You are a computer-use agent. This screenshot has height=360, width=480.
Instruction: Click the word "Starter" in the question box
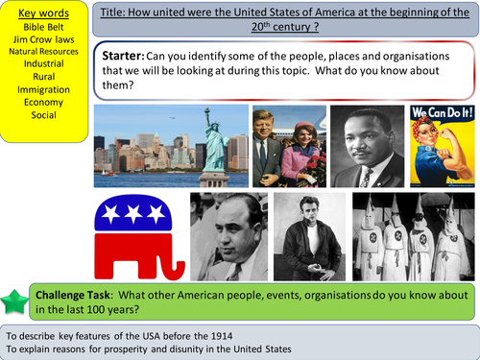point(125,56)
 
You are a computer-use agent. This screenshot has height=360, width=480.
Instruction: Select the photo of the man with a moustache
point(368,146)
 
